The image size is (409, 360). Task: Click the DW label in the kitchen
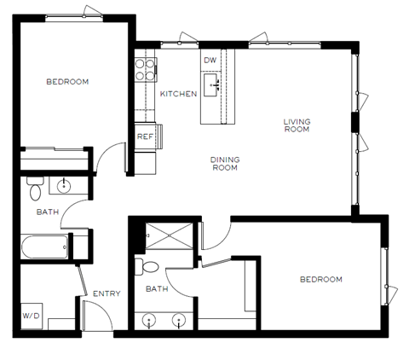point(210,60)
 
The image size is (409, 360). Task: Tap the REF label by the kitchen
point(145,136)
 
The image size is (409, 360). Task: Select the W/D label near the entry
point(32,316)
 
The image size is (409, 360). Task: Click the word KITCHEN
point(179,94)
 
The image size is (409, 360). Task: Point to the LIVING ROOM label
point(297,126)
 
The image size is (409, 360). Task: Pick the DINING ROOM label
point(225,163)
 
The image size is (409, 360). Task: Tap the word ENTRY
point(107,293)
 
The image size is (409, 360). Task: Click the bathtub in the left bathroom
point(44,248)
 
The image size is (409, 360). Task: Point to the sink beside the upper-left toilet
point(65,184)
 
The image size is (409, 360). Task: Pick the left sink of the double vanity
point(151,322)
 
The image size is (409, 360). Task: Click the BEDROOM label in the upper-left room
point(67,82)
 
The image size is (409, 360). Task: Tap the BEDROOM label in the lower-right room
point(320,280)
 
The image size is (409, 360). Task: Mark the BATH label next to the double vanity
point(157,289)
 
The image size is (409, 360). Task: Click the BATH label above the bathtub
point(48,212)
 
